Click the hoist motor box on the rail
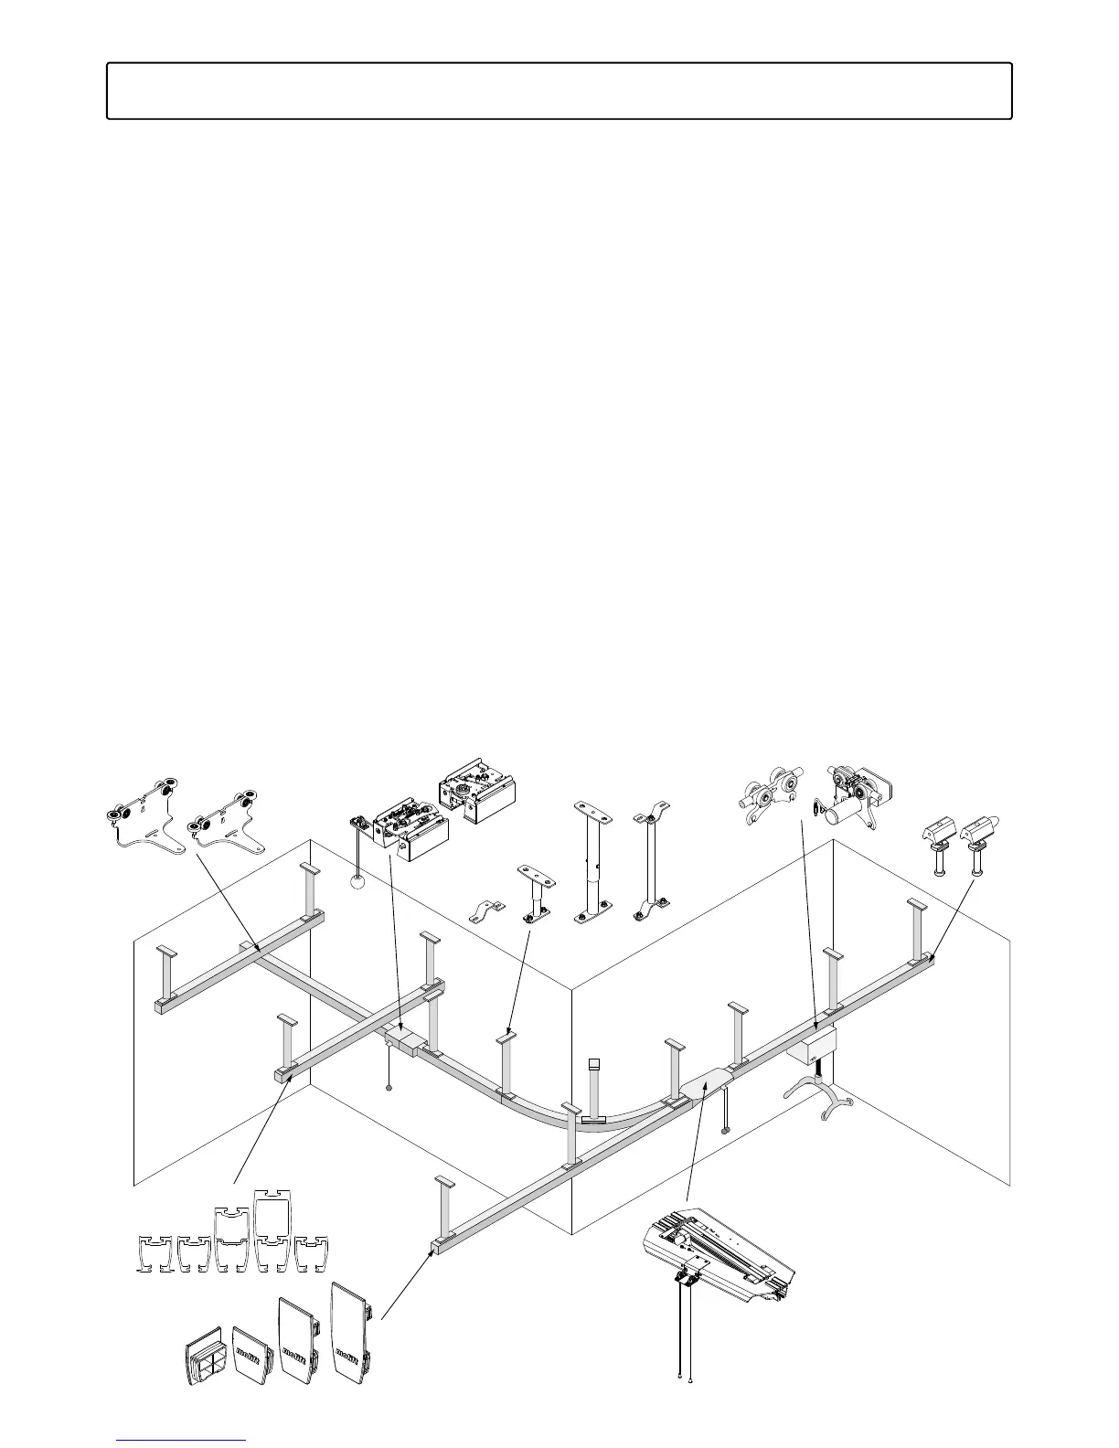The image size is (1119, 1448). pyautogui.click(x=812, y=1044)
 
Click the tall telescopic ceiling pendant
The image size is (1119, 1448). pyautogui.click(x=591, y=864)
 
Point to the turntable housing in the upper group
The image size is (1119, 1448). pyautogui.click(x=474, y=789)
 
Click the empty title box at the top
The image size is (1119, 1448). pyautogui.click(x=559, y=91)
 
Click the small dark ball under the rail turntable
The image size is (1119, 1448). pyautogui.click(x=390, y=1088)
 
